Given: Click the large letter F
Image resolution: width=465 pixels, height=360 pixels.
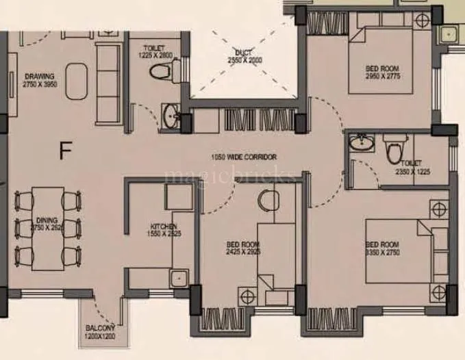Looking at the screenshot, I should click(x=66, y=150).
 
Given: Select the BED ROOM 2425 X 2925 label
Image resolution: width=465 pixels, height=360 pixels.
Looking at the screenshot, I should click(x=243, y=247).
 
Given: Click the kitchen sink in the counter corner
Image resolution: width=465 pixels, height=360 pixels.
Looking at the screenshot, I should click(x=179, y=277).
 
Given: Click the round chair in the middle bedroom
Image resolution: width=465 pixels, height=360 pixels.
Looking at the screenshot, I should click(x=268, y=201).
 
